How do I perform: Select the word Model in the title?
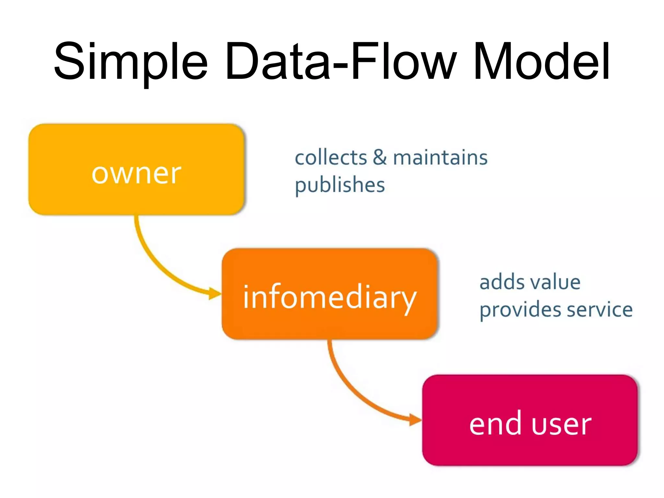pos(541,62)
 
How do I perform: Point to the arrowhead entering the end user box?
pos(415,420)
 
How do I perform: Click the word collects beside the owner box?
pos(331,158)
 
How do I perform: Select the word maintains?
pos(440,158)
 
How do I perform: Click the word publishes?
pos(339,185)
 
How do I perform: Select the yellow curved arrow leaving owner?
pos(152,259)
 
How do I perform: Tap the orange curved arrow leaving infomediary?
pos(347,386)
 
